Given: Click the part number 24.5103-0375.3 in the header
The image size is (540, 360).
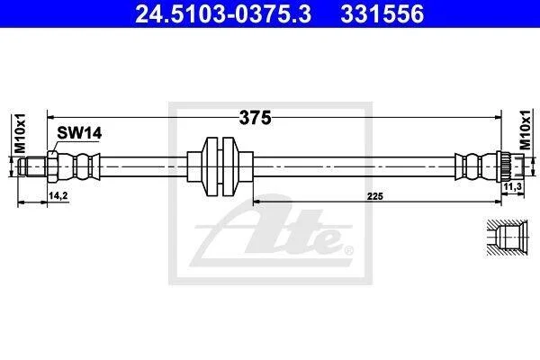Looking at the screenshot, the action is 223,13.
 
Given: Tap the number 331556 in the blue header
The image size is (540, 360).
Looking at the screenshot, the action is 382,13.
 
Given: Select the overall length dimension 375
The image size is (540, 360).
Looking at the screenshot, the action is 256,118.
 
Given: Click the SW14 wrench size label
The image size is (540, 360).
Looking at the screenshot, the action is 79,133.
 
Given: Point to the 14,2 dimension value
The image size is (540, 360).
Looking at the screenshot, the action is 58,195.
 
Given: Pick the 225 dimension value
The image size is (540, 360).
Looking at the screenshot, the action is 374,196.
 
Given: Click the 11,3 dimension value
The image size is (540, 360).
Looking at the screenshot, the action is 513,186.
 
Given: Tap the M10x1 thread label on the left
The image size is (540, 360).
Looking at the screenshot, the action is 21,133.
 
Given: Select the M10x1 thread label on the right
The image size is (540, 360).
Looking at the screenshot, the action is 525,130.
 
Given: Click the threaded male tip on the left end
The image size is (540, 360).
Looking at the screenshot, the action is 32,166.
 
